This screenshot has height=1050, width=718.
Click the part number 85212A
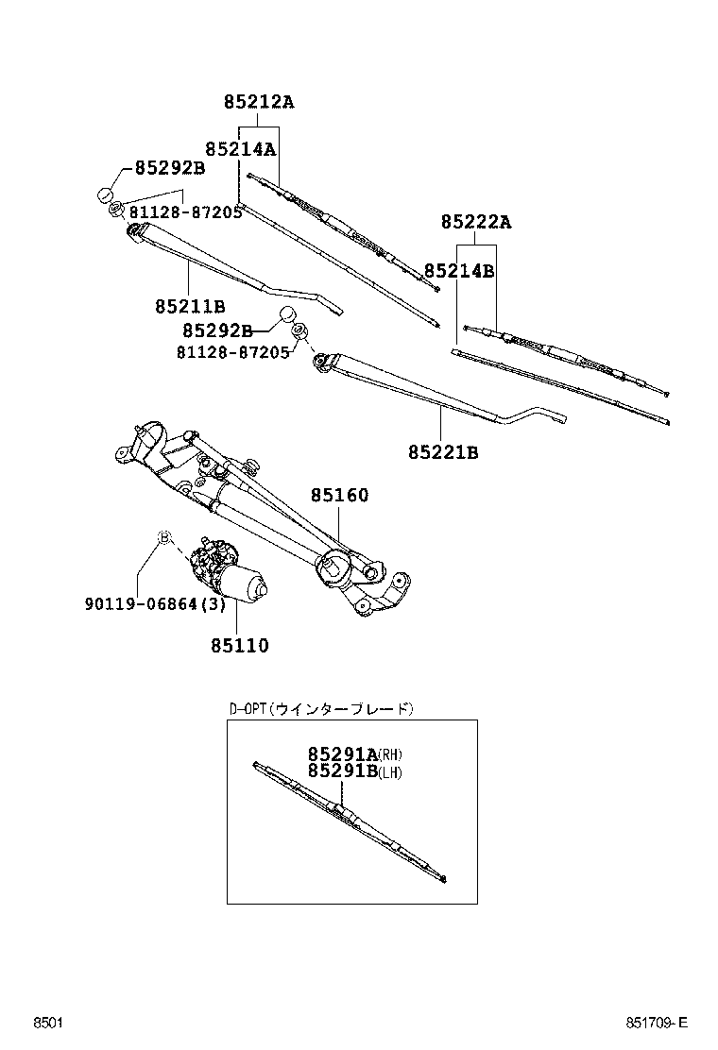258,102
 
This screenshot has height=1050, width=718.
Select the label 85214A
240,148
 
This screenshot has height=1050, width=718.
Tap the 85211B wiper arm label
190,306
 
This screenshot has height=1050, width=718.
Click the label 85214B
459,271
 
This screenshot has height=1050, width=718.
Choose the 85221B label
443,453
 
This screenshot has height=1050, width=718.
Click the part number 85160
340,495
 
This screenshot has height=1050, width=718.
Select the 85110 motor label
239,646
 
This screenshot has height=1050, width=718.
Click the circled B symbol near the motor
163,537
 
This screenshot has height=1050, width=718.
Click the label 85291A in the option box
341,754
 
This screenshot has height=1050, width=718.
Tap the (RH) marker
390,754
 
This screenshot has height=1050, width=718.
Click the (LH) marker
390,772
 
